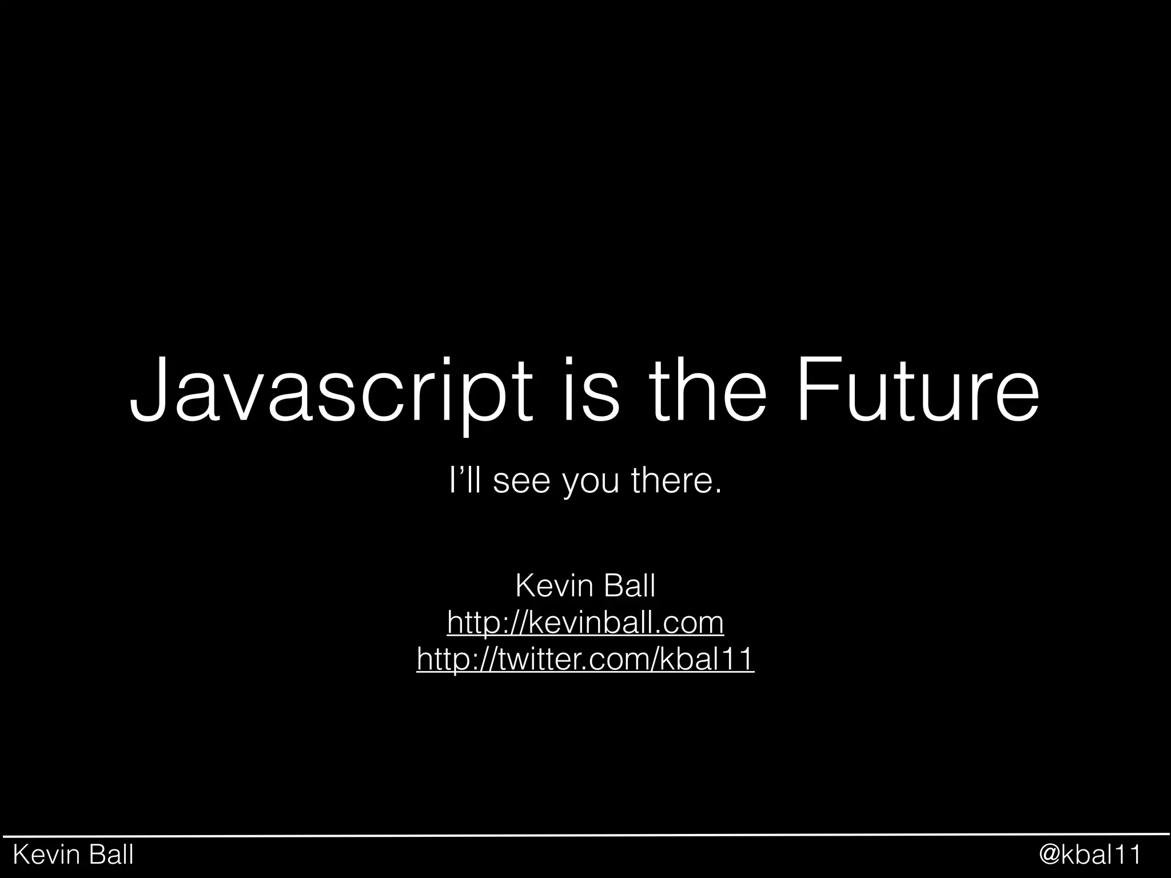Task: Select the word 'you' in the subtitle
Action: click(x=591, y=483)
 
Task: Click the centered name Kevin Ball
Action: click(x=585, y=586)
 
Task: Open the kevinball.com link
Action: click(x=585, y=622)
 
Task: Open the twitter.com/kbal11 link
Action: click(x=585, y=659)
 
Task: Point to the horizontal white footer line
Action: click(x=585, y=835)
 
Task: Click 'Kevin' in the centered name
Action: click(x=549, y=586)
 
